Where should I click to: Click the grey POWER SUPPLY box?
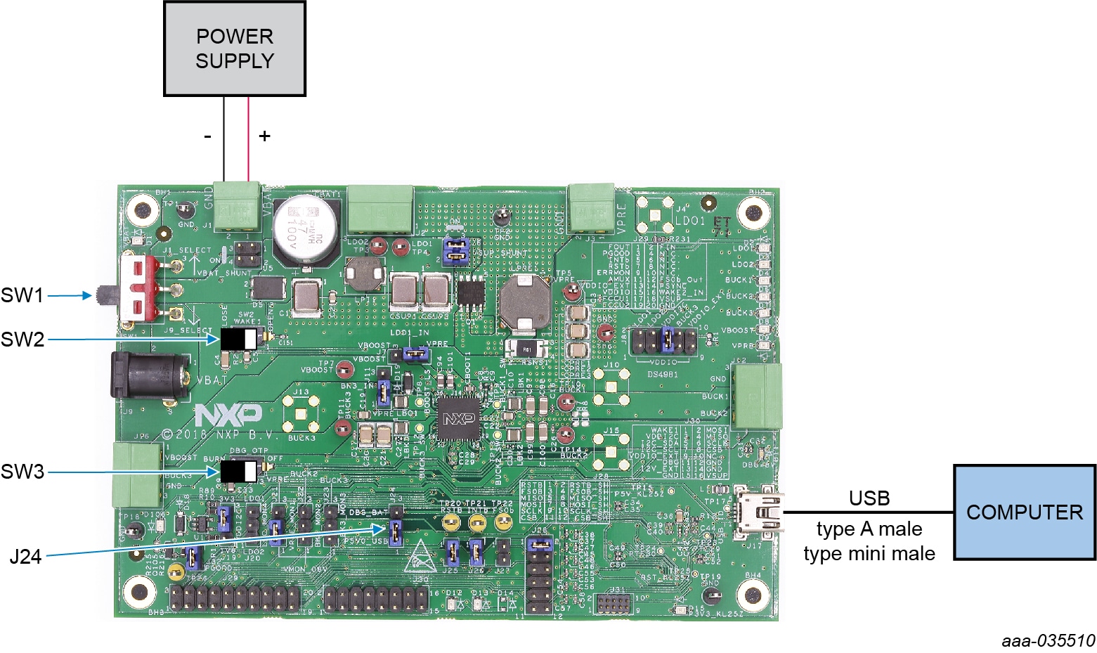pos(234,49)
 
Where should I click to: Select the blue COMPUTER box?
pos(1024,512)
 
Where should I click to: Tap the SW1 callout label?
pos(22,295)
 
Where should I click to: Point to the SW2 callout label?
pos(22,340)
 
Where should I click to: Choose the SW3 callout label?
pos(22,472)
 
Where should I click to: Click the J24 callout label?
pos(25,557)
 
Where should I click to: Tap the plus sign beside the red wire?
pos(264,136)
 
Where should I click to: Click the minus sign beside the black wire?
pos(207,136)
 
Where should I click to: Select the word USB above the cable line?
pos(869,498)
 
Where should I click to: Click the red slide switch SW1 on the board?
pos(141,288)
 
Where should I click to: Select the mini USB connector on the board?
pos(758,511)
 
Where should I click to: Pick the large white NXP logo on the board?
pos(228,415)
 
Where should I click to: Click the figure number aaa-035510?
pos(1048,640)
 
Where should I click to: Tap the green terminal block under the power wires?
pos(235,206)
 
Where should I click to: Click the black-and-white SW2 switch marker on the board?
pos(239,340)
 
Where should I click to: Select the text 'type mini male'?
pos(869,554)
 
